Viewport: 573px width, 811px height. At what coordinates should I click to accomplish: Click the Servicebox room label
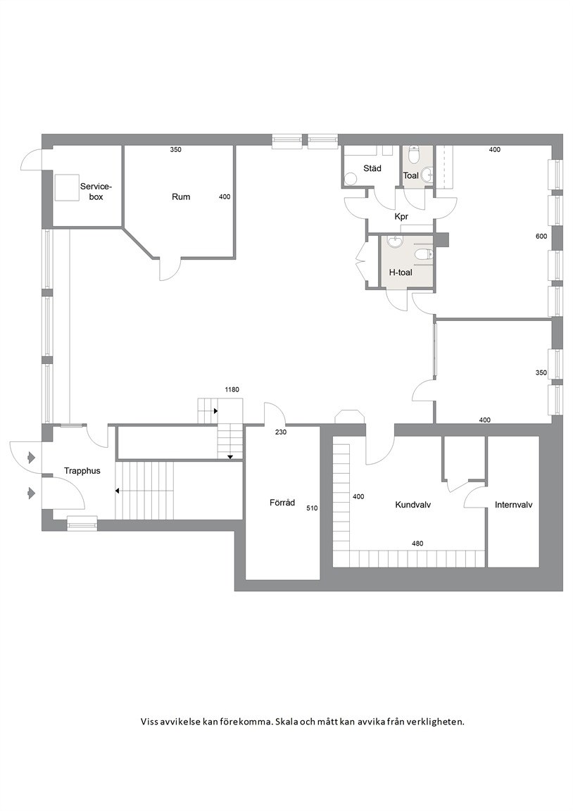coord(96,191)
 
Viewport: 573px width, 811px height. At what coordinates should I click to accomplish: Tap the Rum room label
coord(181,196)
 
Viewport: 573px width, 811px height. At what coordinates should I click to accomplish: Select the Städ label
coord(372,168)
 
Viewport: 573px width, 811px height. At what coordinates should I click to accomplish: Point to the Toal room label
coord(411,175)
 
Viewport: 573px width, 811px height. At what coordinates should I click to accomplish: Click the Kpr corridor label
coord(401,217)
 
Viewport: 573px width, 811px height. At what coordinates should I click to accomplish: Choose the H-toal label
coord(401,272)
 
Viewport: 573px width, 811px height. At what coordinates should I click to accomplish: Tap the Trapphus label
coord(82,471)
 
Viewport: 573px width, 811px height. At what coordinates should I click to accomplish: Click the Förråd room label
coord(282,502)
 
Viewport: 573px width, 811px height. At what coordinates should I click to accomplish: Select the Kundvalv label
coord(413,505)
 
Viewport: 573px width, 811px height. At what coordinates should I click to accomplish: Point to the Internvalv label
coord(514,505)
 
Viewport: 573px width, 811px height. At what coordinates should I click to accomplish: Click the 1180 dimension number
coord(232,390)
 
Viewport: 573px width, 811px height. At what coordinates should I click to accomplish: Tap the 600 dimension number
coord(541,237)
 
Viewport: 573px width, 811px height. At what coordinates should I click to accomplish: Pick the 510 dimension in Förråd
coord(312,508)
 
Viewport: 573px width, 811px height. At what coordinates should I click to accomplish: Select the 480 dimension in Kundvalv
coord(417,543)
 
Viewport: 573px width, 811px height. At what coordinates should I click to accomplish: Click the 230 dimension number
coord(281,432)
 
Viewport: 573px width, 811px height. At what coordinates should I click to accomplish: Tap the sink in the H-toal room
coord(396,241)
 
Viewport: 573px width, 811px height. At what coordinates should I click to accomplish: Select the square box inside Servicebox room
coord(67,187)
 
